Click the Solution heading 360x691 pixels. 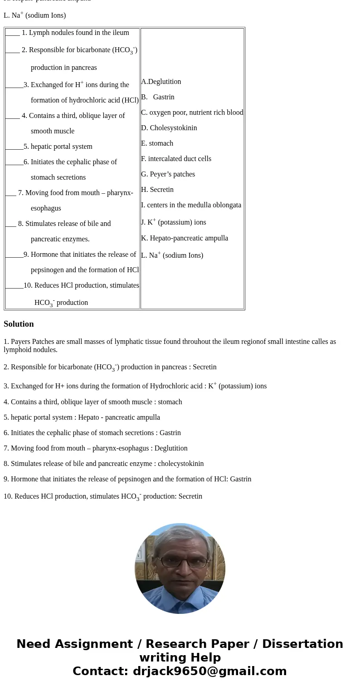click(x=19, y=324)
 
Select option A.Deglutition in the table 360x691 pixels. click(x=161, y=82)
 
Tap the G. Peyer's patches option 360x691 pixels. click(x=168, y=174)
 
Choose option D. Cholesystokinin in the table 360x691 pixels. click(x=169, y=128)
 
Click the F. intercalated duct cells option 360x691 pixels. click(x=176, y=159)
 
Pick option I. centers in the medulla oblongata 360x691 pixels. click(x=191, y=205)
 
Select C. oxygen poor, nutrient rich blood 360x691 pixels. click(x=192, y=113)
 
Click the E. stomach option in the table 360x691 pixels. click(x=157, y=143)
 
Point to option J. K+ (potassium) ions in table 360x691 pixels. click(x=173, y=222)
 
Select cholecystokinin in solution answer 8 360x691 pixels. click(x=180, y=464)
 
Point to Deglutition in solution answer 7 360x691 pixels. click(x=170, y=448)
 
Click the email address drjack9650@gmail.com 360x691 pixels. click(x=209, y=671)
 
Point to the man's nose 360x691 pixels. click(x=180, y=568)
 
